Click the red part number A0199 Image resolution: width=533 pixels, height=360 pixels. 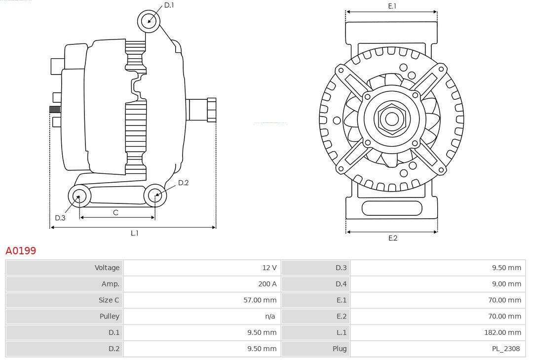coord(21,251)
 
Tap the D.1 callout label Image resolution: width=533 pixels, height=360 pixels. coord(169,5)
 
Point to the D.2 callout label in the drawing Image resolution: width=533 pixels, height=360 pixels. coord(183,183)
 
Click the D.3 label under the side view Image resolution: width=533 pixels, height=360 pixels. coord(60,218)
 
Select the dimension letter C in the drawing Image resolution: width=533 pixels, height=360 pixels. coord(115,213)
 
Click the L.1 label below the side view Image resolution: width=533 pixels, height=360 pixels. coord(134,233)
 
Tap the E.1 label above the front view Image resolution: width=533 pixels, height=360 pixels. coord(392,6)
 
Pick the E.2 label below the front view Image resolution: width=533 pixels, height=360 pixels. coord(392,238)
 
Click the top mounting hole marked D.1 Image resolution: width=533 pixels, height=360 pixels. coord(149,21)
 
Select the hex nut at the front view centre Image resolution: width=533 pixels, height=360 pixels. coord(391,119)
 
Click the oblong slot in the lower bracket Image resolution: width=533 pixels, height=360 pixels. coord(392,208)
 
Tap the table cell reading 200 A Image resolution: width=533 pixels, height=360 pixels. coord(267,284)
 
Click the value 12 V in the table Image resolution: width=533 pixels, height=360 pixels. coord(269,268)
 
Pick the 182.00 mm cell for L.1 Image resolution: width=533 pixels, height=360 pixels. coord(502,332)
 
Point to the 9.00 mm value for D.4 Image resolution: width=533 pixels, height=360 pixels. coord(506,284)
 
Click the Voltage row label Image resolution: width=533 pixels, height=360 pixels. coord(107,268)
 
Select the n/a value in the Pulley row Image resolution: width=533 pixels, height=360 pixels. coord(270,316)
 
